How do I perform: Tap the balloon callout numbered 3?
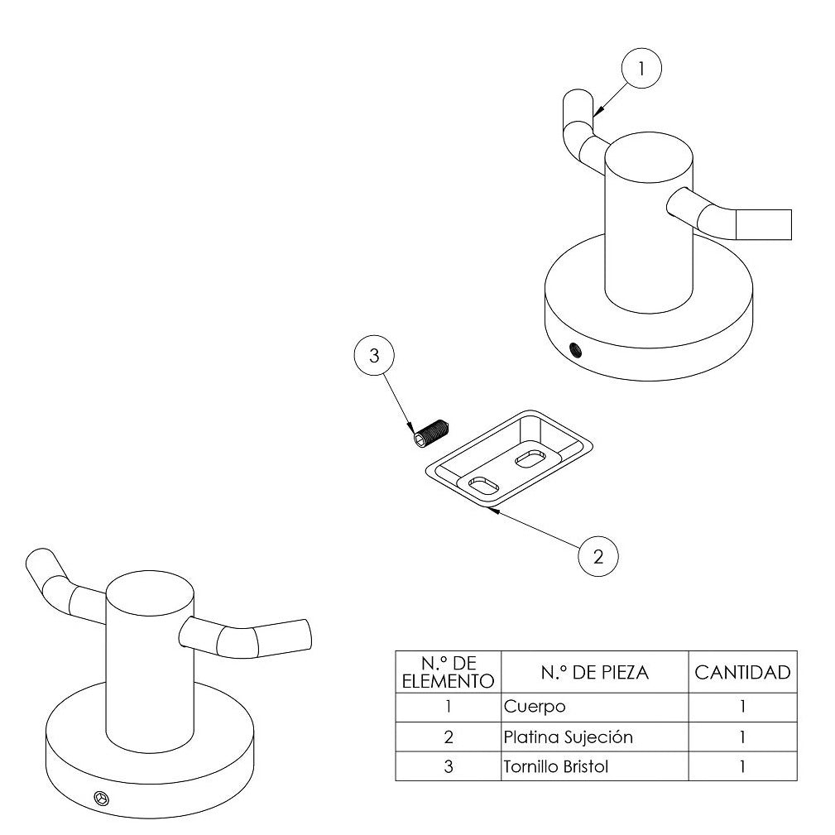pos(374,357)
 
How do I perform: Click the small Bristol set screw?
pos(429,433)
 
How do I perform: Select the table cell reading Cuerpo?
pos(594,707)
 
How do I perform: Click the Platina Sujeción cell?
pos(594,737)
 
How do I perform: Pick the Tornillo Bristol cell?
pos(594,766)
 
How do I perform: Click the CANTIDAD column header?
pos(742,673)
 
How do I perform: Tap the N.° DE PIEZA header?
pos(594,673)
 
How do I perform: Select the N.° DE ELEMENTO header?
pos(448,673)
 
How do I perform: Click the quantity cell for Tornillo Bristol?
pos(742,766)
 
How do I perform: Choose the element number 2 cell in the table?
pos(448,737)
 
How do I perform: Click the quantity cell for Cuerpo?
pos(742,707)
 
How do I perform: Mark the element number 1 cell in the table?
pos(448,707)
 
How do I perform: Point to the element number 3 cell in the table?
pos(448,766)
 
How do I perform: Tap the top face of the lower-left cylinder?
pos(151,591)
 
